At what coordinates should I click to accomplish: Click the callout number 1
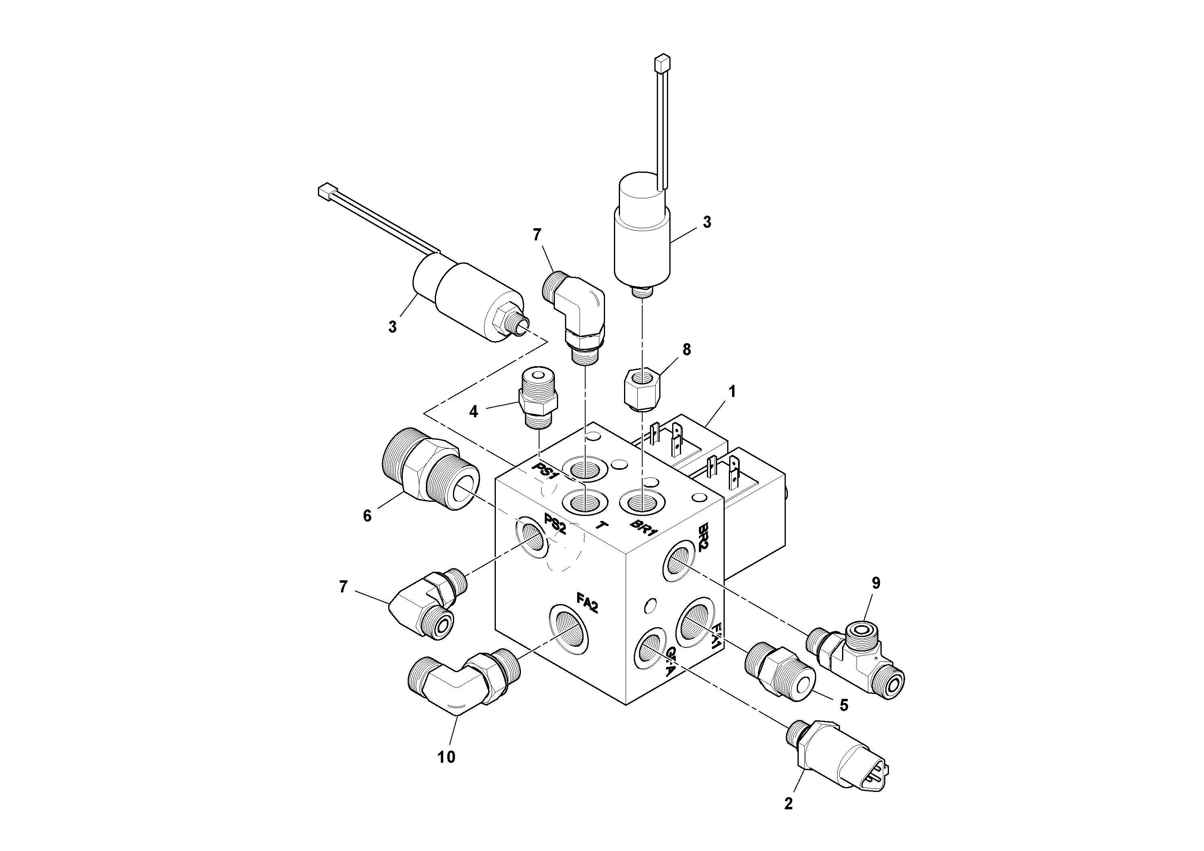coord(732,392)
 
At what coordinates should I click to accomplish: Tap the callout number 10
coord(446,757)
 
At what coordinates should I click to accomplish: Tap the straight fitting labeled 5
coord(778,673)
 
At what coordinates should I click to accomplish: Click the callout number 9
coord(876,582)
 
